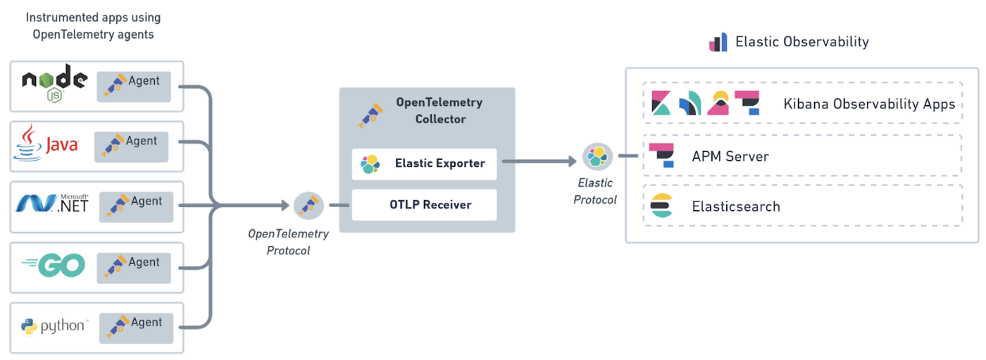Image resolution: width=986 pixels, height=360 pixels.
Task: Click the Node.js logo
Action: [x=54, y=80]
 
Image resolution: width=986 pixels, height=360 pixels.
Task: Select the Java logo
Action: [x=46, y=144]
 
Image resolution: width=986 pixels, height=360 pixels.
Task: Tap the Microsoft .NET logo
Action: [x=53, y=204]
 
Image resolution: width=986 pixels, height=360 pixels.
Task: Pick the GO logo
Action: [x=54, y=265]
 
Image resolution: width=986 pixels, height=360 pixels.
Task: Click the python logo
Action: [x=54, y=326]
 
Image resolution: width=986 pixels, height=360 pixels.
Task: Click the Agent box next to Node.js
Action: [x=134, y=86]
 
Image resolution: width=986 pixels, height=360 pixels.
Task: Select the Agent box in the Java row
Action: [x=132, y=147]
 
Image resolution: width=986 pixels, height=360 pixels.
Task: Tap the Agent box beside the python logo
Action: [x=136, y=328]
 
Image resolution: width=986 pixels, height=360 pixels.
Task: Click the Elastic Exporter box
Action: [x=425, y=163]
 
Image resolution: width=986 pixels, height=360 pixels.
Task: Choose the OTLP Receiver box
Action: [x=425, y=205]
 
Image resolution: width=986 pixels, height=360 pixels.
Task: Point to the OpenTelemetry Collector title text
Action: [x=439, y=111]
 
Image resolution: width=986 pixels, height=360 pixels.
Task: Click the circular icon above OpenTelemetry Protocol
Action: [x=308, y=206]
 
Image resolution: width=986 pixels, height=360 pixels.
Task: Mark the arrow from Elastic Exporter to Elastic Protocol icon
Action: [x=539, y=161]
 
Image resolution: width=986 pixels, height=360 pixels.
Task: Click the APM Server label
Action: [x=730, y=156]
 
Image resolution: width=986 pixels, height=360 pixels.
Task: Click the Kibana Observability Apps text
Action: [x=868, y=104]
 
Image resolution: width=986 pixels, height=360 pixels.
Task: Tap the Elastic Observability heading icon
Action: [x=718, y=42]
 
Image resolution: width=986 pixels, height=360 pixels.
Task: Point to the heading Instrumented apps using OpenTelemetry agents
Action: [x=92, y=25]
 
